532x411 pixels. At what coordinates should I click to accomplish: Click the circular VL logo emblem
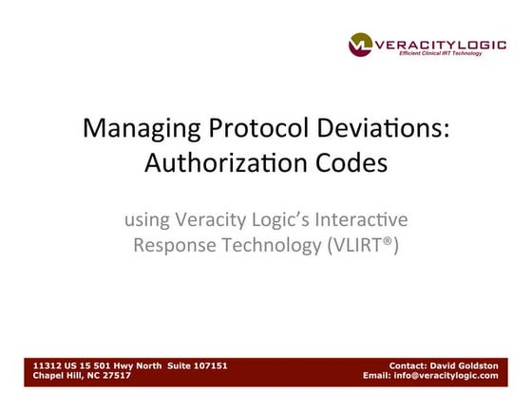click(360, 44)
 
